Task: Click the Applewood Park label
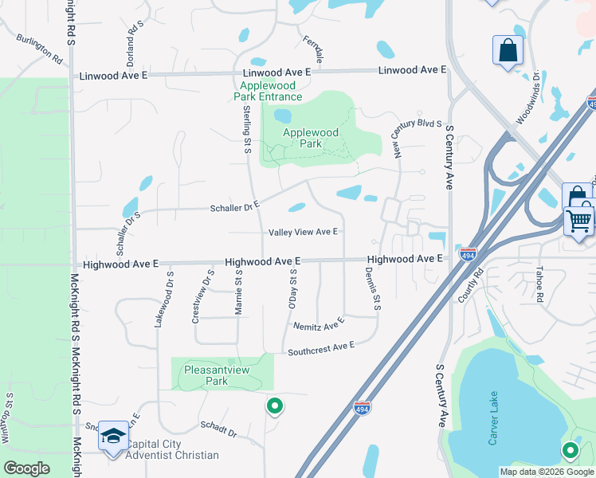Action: tap(311, 138)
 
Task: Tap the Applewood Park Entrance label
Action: tap(269, 91)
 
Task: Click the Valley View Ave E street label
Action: tap(304, 232)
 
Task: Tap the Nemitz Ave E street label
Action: tap(318, 324)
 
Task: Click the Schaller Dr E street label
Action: tap(235, 206)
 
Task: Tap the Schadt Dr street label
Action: tap(218, 430)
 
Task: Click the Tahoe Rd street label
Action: tap(539, 284)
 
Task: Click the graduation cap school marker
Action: tap(113, 437)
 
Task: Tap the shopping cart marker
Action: tap(579, 219)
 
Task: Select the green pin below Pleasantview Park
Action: tap(275, 406)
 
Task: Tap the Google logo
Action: tap(26, 468)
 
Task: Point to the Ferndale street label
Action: tap(313, 49)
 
